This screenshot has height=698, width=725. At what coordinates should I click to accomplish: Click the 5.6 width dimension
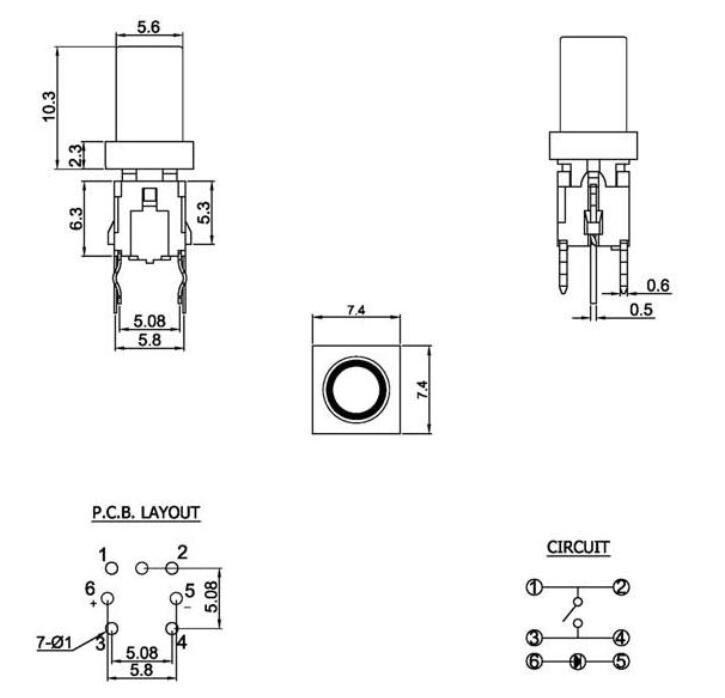[149, 28]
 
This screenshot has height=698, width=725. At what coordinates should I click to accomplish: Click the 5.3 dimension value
[206, 212]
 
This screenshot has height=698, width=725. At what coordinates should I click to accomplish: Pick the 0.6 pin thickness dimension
[657, 285]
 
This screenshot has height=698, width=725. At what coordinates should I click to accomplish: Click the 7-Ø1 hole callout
[56, 643]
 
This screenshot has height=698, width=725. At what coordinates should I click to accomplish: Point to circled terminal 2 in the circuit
[620, 587]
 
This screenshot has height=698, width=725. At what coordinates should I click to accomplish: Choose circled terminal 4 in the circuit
[620, 637]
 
